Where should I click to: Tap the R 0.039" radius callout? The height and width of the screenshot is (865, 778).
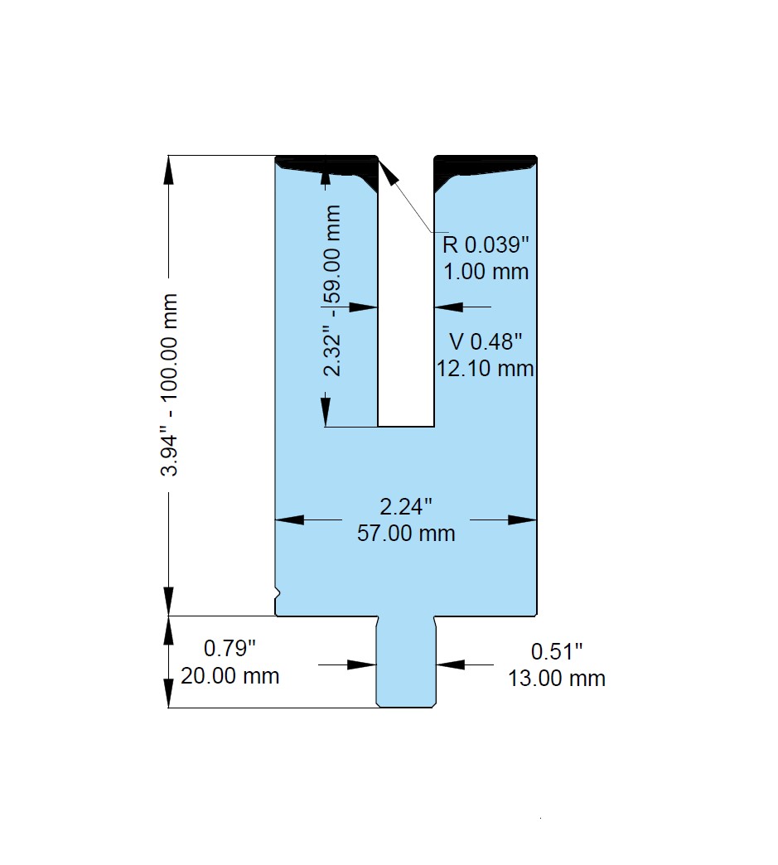click(x=486, y=244)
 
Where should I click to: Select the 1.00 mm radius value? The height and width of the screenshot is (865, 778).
click(x=486, y=272)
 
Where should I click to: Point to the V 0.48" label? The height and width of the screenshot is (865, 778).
click(x=486, y=341)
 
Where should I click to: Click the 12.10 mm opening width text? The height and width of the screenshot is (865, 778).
click(x=486, y=368)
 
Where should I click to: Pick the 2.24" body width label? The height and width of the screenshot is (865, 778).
click(x=406, y=506)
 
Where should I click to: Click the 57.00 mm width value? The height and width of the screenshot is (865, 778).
click(x=406, y=533)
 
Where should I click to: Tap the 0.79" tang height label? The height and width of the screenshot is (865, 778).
click(x=230, y=648)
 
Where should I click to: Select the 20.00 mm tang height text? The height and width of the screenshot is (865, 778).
click(x=230, y=675)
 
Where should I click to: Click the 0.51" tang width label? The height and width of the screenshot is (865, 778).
click(x=557, y=651)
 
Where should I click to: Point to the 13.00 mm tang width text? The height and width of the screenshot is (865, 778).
click(x=557, y=678)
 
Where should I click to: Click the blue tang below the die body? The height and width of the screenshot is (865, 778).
click(x=406, y=662)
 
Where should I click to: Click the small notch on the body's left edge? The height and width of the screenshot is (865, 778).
click(x=278, y=593)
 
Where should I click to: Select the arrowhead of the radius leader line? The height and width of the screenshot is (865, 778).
click(x=388, y=170)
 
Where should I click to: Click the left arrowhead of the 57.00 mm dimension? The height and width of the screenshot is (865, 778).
click(x=289, y=519)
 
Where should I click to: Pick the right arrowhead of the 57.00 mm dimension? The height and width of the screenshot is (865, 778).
click(x=522, y=519)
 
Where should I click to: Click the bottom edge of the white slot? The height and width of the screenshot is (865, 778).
click(x=406, y=427)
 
